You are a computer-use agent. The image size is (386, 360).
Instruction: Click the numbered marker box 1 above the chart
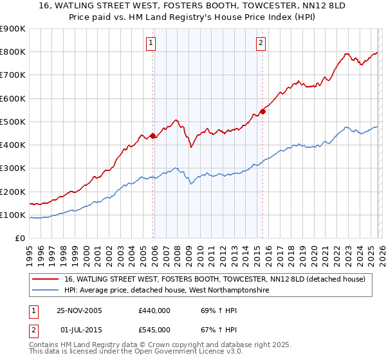[x=151, y=43]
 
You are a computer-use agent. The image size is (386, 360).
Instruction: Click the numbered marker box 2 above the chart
[x=261, y=43]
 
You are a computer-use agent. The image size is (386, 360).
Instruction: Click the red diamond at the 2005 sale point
[x=152, y=136]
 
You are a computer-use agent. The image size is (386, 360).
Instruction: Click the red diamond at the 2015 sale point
[x=262, y=111]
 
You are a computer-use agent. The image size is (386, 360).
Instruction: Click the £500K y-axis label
[x=13, y=122]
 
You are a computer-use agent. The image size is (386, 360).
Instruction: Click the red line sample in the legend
[x=46, y=279]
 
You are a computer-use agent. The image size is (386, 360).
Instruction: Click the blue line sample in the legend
[x=46, y=291]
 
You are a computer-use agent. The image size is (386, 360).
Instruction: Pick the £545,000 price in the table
[x=154, y=330]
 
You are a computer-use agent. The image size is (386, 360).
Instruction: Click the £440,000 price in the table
[x=154, y=310]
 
